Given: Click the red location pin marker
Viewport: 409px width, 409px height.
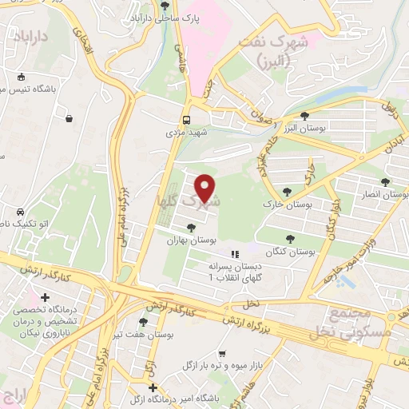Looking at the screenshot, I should pos(205,189).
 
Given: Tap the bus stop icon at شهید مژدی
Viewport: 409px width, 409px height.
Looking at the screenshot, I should pos(187,113).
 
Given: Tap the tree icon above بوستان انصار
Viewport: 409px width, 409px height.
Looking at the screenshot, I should pos(386,182).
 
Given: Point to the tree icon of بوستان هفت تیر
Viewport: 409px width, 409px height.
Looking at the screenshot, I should pos(142,322).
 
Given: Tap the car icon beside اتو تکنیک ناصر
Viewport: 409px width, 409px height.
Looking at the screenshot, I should pos(19,214).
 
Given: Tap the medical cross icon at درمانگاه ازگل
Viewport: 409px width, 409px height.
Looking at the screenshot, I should pos(152,387).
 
